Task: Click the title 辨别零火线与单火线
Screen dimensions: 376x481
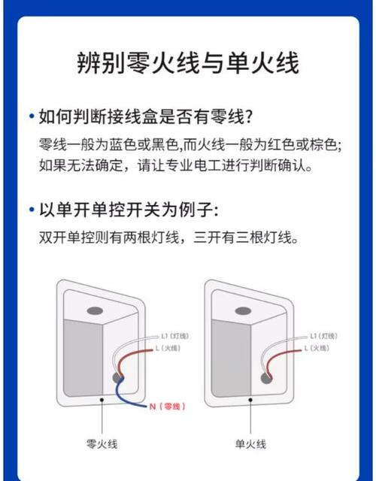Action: point(188,63)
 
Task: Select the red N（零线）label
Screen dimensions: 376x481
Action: point(167,407)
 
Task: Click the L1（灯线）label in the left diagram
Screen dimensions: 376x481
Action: point(174,336)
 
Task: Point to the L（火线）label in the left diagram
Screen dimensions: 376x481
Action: point(168,348)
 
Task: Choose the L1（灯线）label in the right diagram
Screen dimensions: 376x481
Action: point(323,336)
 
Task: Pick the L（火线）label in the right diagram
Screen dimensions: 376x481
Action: point(317,348)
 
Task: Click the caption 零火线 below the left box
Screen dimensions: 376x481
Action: point(102,444)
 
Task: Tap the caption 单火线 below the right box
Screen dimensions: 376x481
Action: point(250,444)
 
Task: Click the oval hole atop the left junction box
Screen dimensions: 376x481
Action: point(95,311)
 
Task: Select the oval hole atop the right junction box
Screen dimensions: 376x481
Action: point(244,311)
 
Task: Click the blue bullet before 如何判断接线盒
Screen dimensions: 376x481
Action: point(32,116)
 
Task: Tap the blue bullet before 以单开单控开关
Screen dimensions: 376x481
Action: point(32,210)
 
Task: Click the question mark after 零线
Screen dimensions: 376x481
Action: point(249,117)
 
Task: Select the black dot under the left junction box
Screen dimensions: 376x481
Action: point(102,400)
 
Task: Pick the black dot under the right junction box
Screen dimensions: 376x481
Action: point(250,400)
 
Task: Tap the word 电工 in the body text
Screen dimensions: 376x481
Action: point(208,166)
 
